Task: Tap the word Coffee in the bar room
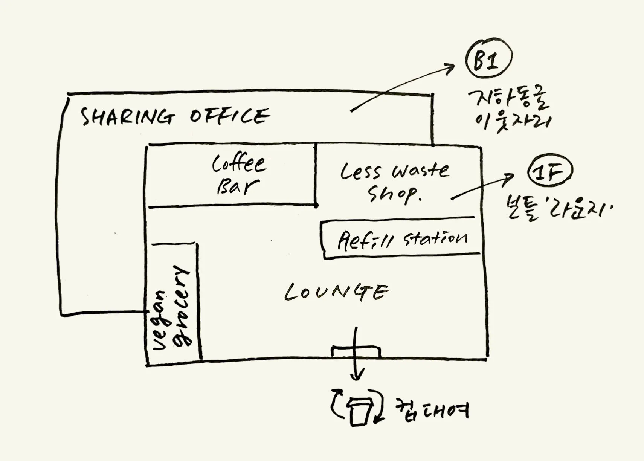[x=239, y=164]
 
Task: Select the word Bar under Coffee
[x=237, y=186]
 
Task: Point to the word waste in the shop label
[x=420, y=171]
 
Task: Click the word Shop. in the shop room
[x=394, y=194]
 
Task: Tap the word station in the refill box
[x=435, y=238]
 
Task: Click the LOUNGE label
[x=336, y=292]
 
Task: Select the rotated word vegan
[x=159, y=320]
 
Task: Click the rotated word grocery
[x=182, y=305]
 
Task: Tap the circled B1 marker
[x=488, y=60]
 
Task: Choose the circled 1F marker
[x=550, y=172]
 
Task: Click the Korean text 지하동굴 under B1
[x=508, y=99]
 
